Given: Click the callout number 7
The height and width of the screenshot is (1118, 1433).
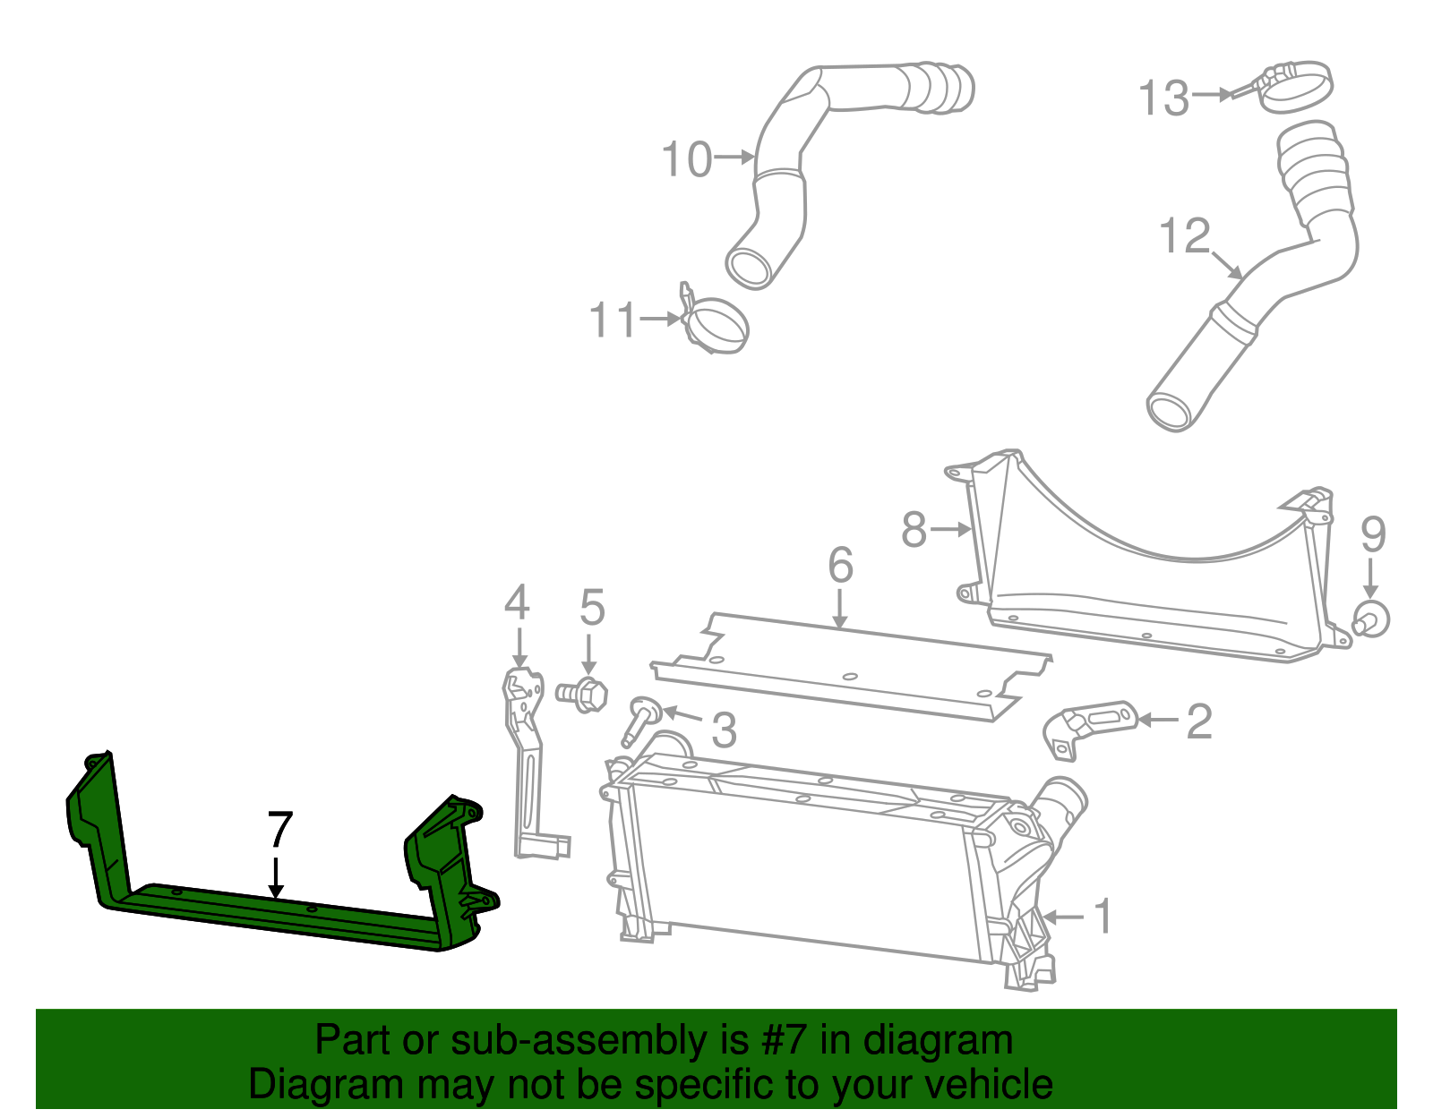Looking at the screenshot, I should point(279,831).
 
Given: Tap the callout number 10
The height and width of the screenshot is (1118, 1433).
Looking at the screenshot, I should point(686,160).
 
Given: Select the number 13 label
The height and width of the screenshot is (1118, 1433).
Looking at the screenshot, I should point(1163,98).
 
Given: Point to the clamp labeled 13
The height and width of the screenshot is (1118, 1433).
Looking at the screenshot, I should point(1296,87).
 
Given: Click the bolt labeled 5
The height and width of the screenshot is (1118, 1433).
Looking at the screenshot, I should point(583,694).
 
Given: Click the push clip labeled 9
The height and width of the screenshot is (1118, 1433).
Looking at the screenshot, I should point(1371,618).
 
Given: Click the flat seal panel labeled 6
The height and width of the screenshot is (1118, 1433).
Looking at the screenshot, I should point(851,667).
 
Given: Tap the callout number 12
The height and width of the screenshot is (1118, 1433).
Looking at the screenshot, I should point(1183,236).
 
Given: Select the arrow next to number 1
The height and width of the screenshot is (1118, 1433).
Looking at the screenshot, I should point(1063,917).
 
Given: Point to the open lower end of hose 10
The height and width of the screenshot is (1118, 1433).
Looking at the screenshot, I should point(750,266).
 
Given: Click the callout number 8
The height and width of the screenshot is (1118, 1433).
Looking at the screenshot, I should point(914,529).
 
